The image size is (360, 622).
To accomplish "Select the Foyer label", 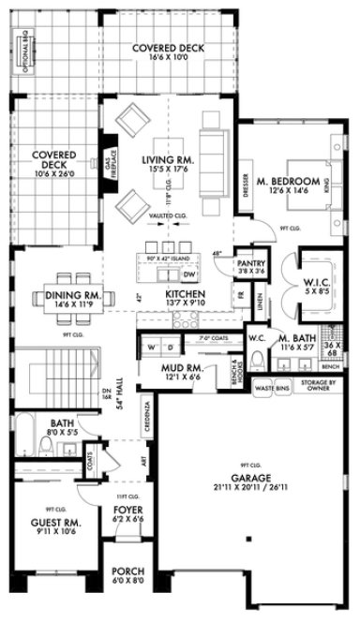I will pyautogui.click(x=127, y=510).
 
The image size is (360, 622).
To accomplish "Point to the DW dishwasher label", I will pyautogui.click(x=188, y=274).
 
